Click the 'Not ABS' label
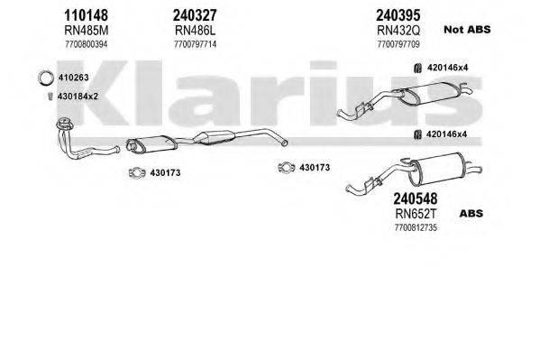click(x=465, y=30)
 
